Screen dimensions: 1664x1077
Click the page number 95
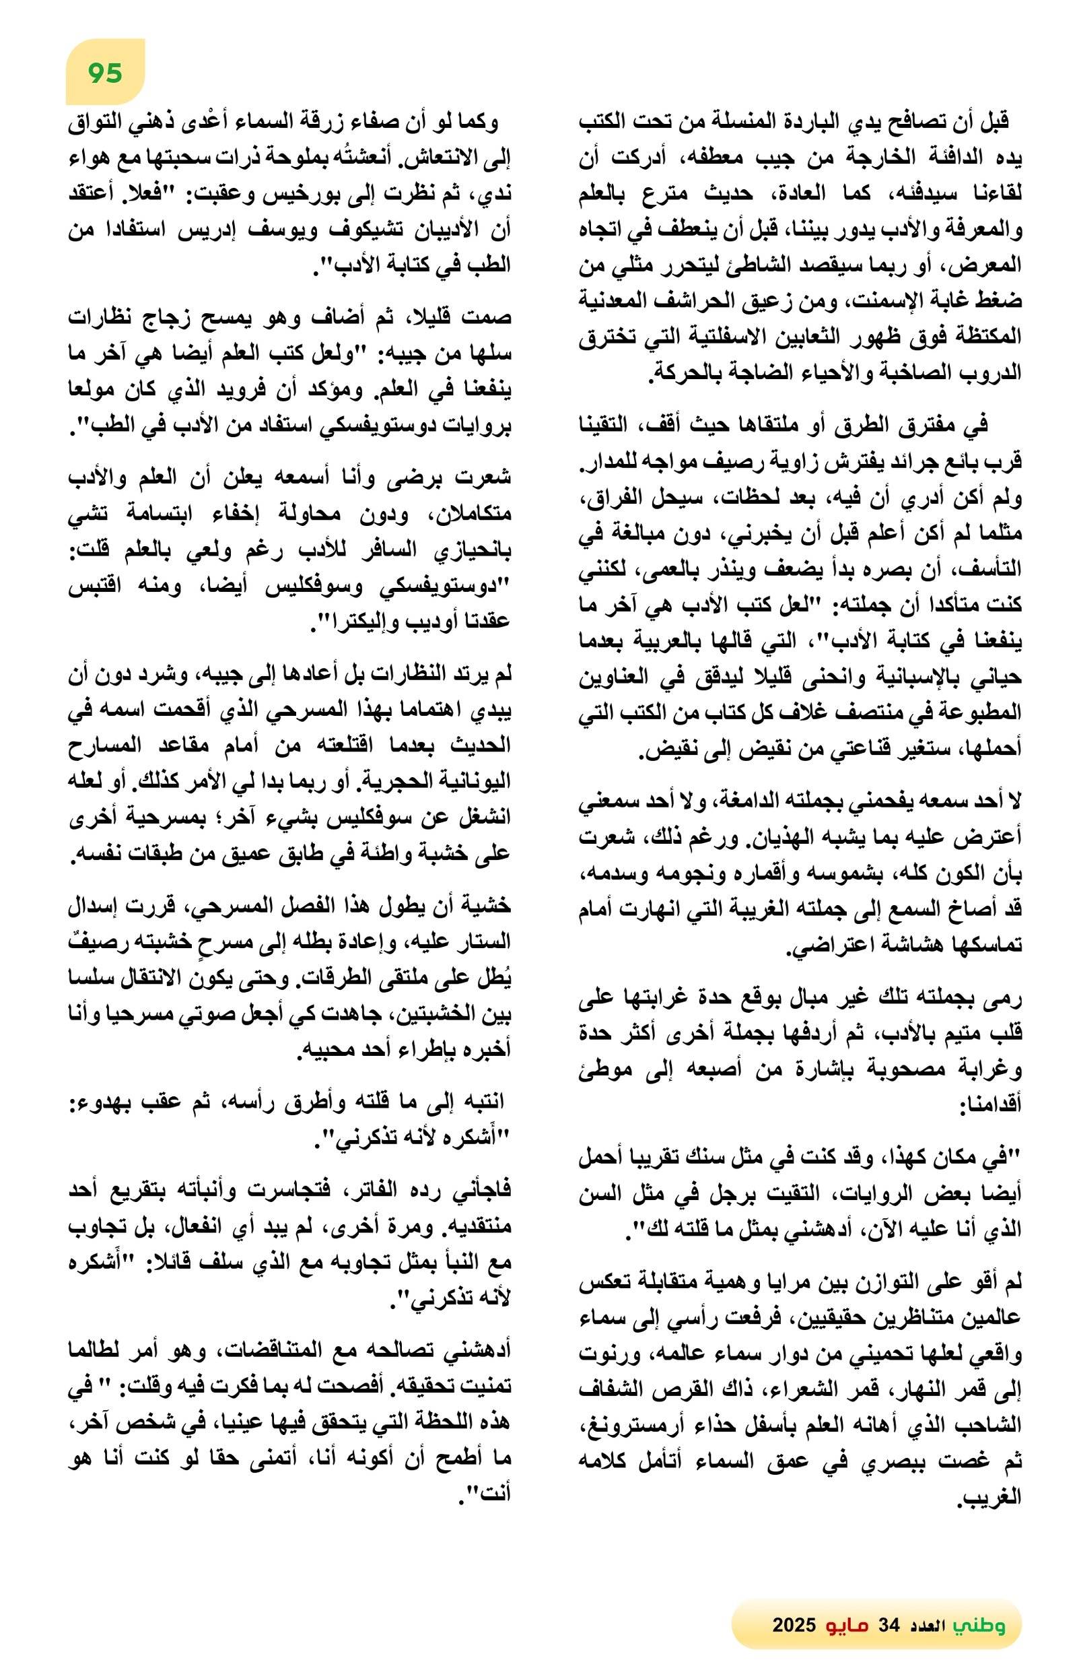(x=105, y=73)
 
